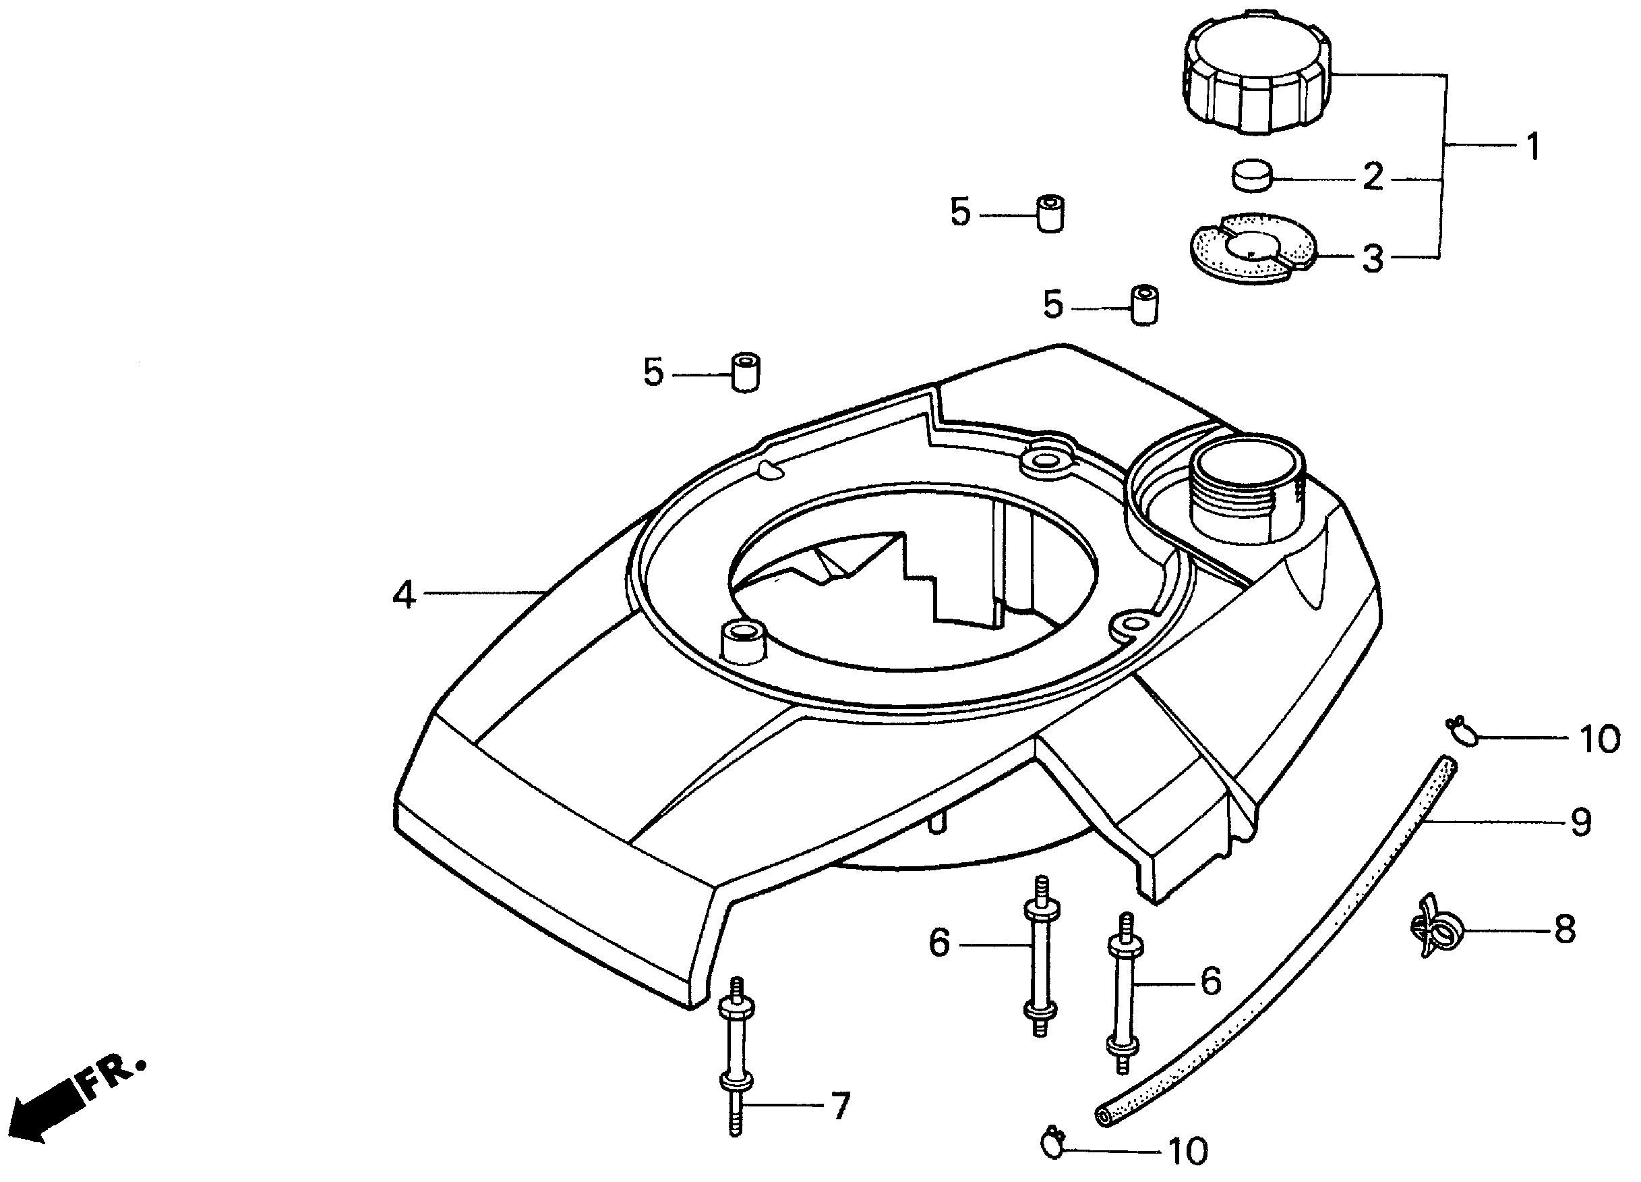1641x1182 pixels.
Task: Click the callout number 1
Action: click(x=1532, y=146)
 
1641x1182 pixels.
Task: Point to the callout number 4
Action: click(x=404, y=595)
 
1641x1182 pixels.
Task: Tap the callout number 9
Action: click(x=1581, y=822)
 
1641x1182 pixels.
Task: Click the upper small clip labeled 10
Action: click(x=1458, y=731)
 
